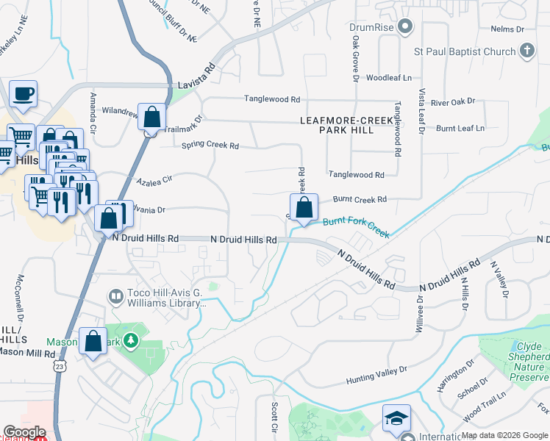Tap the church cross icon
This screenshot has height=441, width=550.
tap(526, 51)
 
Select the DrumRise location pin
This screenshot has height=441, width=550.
tap(404, 28)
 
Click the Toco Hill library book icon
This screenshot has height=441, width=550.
tap(115, 296)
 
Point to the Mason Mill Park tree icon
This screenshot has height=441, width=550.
tap(130, 340)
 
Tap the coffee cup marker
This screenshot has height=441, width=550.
tap(23, 94)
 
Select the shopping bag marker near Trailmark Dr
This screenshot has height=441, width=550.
tap(151, 117)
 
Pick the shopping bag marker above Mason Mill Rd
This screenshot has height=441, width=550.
tap(93, 341)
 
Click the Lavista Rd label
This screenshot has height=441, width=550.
tap(196, 76)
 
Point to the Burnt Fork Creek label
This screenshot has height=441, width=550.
tap(355, 227)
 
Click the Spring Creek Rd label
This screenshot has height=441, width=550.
tap(211, 146)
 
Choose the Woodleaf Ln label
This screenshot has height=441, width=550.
tap(389, 77)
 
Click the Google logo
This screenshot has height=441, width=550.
tap(24, 432)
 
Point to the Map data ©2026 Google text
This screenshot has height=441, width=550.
tap(504, 435)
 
